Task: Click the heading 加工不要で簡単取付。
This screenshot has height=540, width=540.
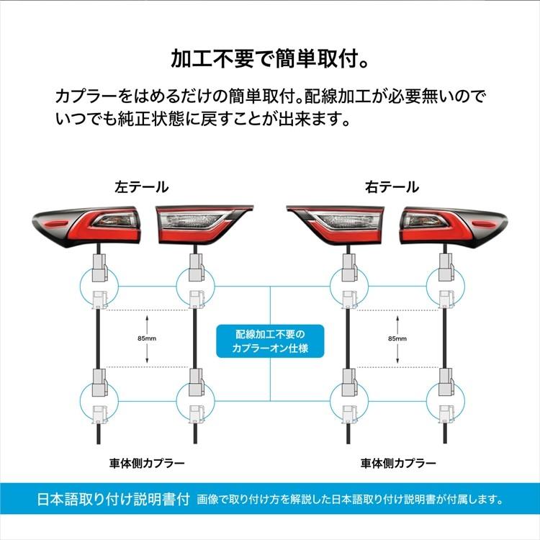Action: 270,58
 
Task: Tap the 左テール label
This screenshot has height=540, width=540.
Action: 142,187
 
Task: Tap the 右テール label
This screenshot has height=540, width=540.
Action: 392,187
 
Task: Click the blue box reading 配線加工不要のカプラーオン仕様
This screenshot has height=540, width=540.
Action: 270,341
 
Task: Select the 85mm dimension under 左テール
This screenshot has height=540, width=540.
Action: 146,338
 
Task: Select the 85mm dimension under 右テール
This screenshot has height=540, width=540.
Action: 396,338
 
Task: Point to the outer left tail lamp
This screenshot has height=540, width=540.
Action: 87,225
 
